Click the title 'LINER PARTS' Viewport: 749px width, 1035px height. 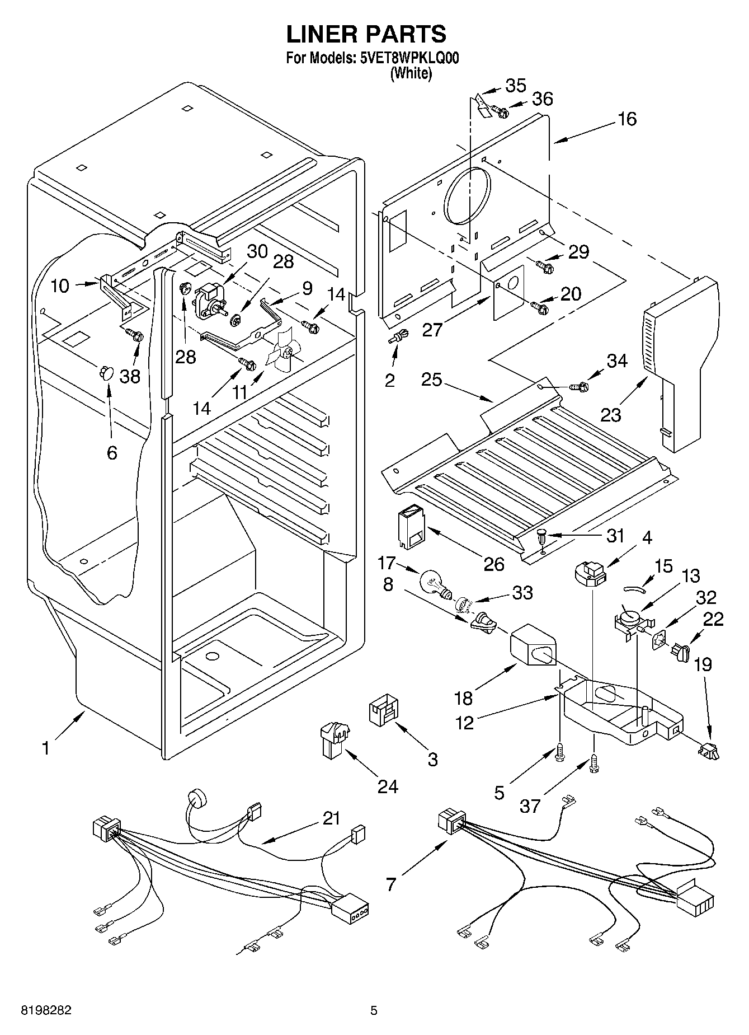click(366, 34)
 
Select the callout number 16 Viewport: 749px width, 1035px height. click(628, 119)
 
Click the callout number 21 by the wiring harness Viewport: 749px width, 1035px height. click(331, 818)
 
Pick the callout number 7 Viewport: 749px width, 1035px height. click(390, 884)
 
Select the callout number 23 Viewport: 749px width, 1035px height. click(611, 415)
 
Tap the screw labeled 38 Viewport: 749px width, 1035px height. click(135, 336)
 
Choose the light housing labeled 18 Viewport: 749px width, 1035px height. click(533, 646)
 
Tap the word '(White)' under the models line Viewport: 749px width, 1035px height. click(411, 74)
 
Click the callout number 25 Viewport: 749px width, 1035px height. click(431, 380)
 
